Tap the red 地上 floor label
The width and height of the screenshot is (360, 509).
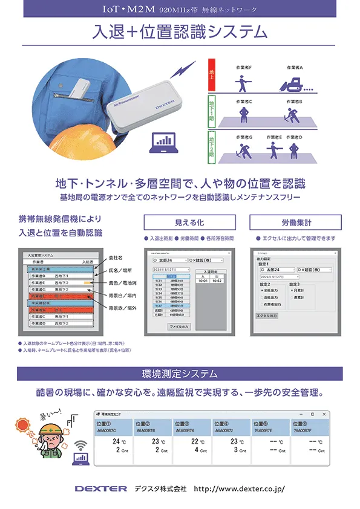click(x=212, y=73)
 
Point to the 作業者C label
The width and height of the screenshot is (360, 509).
click(x=244, y=102)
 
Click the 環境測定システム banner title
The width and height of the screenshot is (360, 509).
click(x=179, y=373)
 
